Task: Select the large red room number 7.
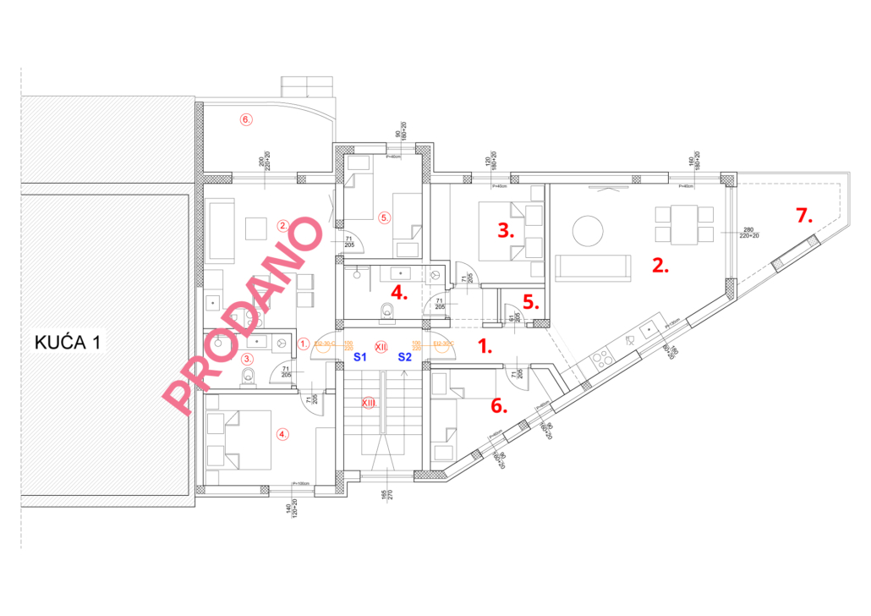[803, 216]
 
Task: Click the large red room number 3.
[507, 230]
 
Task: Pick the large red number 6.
[499, 405]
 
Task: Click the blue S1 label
[359, 357]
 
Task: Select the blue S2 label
[405, 357]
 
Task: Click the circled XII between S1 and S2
[381, 346]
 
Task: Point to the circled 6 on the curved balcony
[246, 119]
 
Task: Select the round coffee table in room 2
[589, 230]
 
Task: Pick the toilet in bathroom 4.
[387, 311]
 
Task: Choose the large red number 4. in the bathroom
[398, 294]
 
